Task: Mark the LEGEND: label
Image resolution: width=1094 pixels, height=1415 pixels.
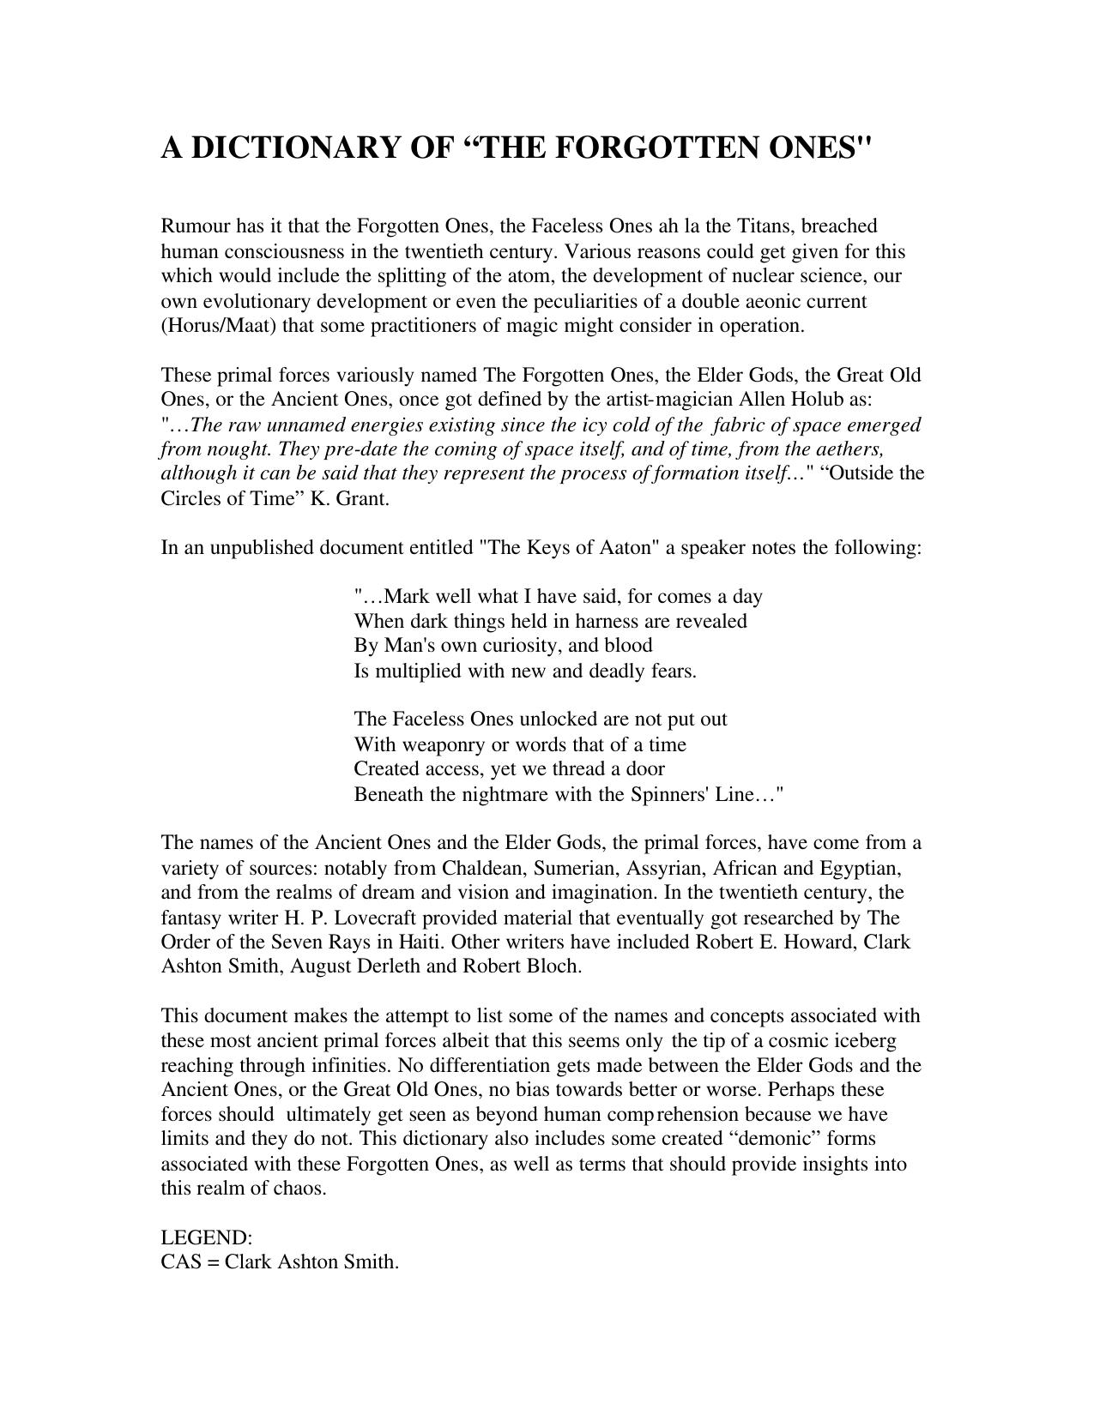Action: pos(207,1238)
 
